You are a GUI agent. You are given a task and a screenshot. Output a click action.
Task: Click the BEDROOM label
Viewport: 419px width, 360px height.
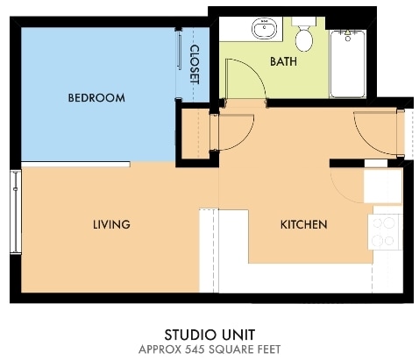point(96,97)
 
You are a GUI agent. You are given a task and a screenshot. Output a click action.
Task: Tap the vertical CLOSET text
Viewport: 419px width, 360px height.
point(194,64)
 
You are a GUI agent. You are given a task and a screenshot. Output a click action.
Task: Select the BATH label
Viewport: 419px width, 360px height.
point(283,62)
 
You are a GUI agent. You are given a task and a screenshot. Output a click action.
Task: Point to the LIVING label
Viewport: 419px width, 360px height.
point(111,225)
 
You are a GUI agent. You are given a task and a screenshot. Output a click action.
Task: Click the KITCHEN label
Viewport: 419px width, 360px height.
point(303,225)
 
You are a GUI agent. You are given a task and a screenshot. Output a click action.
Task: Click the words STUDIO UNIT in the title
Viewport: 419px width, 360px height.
point(209,334)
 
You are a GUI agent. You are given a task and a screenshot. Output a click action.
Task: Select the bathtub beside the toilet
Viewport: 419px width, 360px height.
point(348,63)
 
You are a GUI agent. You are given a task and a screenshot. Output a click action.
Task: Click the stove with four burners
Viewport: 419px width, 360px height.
point(385,232)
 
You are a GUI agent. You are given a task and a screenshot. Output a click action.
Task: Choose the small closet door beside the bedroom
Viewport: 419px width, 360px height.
point(232,133)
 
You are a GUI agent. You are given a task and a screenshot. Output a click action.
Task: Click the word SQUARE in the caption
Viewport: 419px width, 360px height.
point(230,349)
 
